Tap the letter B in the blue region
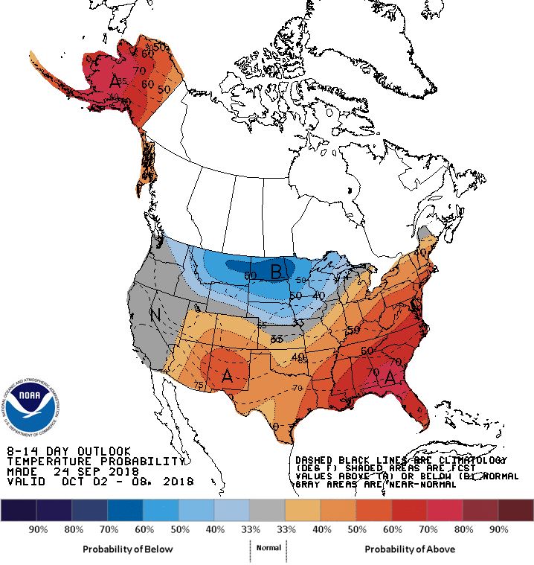277,272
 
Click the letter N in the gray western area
155,315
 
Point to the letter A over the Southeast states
389,378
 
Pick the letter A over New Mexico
228,377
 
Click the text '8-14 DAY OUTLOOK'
68,452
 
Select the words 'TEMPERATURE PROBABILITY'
94,462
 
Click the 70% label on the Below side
108,529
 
